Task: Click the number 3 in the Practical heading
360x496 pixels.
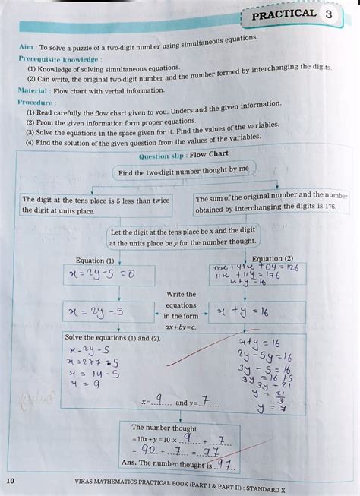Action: click(x=328, y=14)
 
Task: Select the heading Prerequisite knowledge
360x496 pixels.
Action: click(x=58, y=58)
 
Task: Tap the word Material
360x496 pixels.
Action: click(x=33, y=90)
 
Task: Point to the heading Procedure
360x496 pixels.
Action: click(x=36, y=102)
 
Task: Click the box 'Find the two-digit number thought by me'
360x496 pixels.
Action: click(x=183, y=172)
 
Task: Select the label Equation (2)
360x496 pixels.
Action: click(x=272, y=258)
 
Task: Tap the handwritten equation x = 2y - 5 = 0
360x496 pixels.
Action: click(x=101, y=273)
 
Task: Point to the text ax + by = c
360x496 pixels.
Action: click(x=180, y=327)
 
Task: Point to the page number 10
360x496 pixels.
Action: click(x=10, y=481)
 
